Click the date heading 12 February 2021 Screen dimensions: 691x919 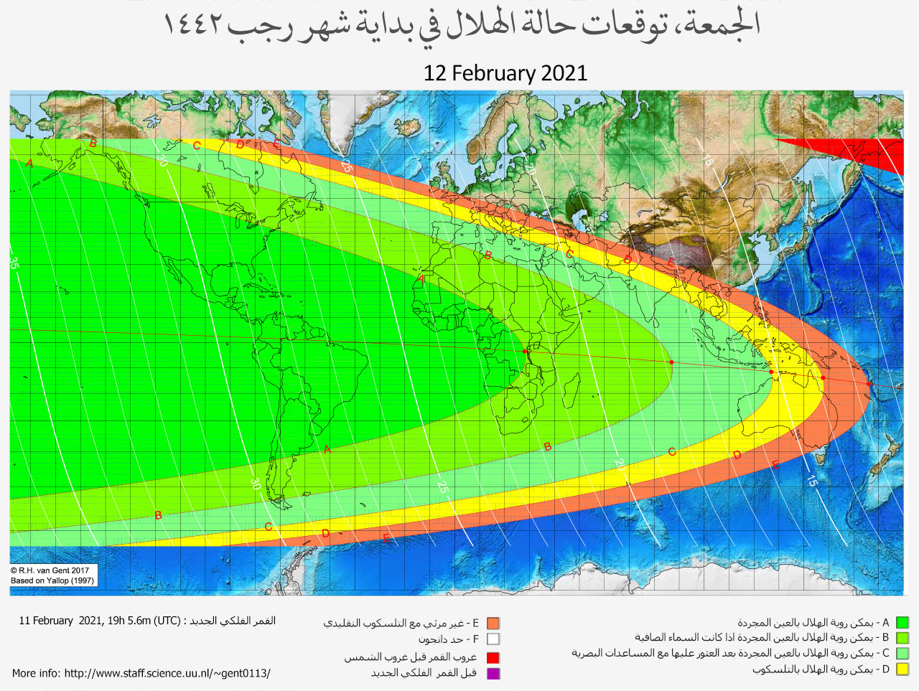click(x=505, y=73)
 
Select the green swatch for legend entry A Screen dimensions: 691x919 click(x=902, y=623)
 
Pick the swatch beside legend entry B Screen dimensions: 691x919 click(x=902, y=638)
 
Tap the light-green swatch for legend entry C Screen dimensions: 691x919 click(x=902, y=654)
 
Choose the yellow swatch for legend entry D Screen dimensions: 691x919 click(x=902, y=669)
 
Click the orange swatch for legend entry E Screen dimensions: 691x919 click(x=493, y=624)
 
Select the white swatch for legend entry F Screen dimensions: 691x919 click(x=493, y=639)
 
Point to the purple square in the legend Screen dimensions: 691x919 click(x=493, y=673)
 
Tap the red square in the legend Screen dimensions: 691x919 click(x=493, y=657)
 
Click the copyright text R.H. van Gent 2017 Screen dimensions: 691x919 click(x=50, y=570)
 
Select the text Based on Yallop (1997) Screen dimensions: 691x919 click(x=52, y=580)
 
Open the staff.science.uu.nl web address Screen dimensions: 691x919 click(x=167, y=673)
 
